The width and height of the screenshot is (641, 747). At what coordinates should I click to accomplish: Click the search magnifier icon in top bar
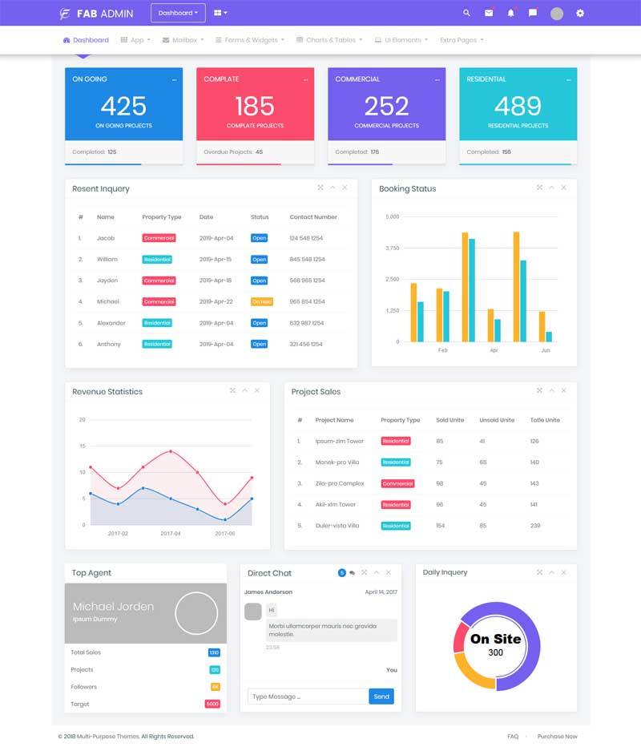[467, 13]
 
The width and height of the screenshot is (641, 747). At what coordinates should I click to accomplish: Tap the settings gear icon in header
[580, 13]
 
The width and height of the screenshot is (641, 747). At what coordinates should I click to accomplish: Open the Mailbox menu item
[183, 40]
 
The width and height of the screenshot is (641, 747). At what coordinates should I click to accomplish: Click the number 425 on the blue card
[123, 106]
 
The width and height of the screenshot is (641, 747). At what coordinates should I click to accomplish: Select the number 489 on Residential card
[518, 106]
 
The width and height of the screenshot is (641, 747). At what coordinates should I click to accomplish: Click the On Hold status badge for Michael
[262, 301]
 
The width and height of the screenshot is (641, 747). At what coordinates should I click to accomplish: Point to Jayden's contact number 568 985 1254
[306, 281]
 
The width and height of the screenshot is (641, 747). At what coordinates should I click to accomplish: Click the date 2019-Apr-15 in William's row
[216, 260]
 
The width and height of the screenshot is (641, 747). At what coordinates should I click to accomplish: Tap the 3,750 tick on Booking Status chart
[392, 248]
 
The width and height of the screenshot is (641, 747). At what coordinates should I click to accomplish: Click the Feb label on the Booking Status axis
[442, 350]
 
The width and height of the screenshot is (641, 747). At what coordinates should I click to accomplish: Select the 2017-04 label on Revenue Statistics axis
[171, 533]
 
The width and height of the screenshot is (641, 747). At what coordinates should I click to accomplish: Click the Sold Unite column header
[450, 420]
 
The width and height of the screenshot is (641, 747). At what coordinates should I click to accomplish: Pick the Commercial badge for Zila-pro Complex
[397, 483]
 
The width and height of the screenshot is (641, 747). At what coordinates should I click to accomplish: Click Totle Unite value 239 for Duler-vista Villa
[534, 526]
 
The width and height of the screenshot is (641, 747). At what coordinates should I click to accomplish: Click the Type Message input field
[308, 697]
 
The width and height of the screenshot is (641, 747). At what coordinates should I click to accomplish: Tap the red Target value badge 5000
[212, 704]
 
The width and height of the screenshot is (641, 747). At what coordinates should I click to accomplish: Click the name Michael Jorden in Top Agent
[113, 607]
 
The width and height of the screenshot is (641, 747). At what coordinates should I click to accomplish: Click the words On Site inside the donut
[495, 639]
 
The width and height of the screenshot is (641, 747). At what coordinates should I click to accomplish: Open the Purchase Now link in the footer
[557, 736]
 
